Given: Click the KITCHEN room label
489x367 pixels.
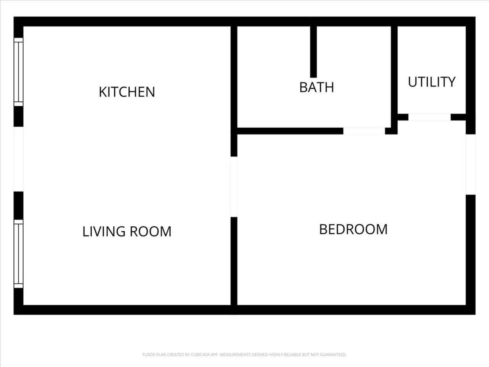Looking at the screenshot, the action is point(127,92).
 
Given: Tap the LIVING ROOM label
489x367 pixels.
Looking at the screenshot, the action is point(127,231).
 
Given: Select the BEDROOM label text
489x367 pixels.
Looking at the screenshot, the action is point(353,229).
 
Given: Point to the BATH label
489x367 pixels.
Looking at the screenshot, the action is point(317,87).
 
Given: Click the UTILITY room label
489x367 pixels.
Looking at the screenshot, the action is point(432,82).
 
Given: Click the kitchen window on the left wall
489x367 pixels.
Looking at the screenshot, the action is point(18,72).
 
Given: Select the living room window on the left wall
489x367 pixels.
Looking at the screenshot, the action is point(18,254).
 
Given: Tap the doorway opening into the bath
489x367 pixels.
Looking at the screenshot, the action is point(364,131).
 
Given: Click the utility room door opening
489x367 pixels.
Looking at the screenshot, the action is point(429,117).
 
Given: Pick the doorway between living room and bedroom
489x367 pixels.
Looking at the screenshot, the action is point(234,187).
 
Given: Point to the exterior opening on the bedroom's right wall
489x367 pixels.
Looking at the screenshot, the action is point(471,164).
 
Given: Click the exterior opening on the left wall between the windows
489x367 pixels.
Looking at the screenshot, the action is point(18,159).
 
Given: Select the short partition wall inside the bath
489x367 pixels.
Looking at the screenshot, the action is point(313,52).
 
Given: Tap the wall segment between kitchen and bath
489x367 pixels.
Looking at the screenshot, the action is point(234,77).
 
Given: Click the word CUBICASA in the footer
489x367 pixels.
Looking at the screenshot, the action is point(199,354).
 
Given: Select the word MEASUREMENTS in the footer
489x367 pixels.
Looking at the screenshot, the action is point(235,354).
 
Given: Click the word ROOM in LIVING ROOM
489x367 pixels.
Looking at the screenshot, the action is point(151,231).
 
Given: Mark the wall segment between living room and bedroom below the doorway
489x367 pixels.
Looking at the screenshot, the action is point(234,261).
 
